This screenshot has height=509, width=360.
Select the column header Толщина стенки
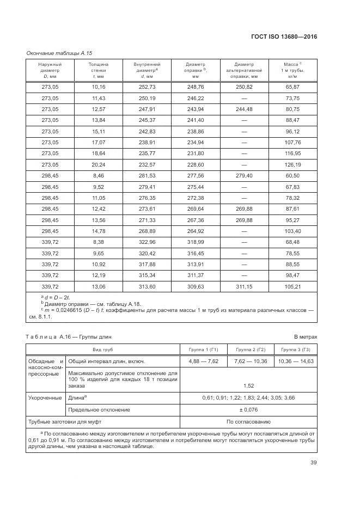(x=98, y=70)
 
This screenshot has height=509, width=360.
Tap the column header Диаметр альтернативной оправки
(x=244, y=70)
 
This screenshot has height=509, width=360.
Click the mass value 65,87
(x=292, y=87)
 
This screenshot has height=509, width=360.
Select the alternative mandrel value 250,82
(x=244, y=87)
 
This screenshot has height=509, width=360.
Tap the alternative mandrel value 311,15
(x=244, y=286)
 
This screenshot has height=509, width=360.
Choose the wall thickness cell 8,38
(x=98, y=242)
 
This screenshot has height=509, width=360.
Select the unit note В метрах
(x=305, y=337)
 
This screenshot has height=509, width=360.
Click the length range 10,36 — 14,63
(x=296, y=361)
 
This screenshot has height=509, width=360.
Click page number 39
(x=313, y=463)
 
